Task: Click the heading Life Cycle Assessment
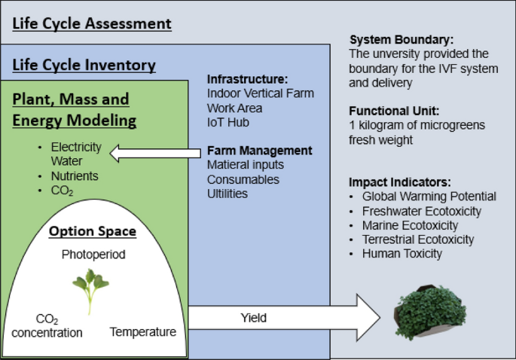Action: click(92, 23)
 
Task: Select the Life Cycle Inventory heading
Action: click(84, 66)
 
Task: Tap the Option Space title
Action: click(93, 231)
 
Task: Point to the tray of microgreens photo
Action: click(431, 313)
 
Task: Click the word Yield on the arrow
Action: click(253, 318)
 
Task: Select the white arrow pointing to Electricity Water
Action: click(154, 155)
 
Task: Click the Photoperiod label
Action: click(93, 255)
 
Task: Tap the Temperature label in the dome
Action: click(142, 332)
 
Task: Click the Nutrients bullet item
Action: click(74, 176)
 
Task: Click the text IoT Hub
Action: click(227, 121)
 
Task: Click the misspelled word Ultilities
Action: click(227, 194)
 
